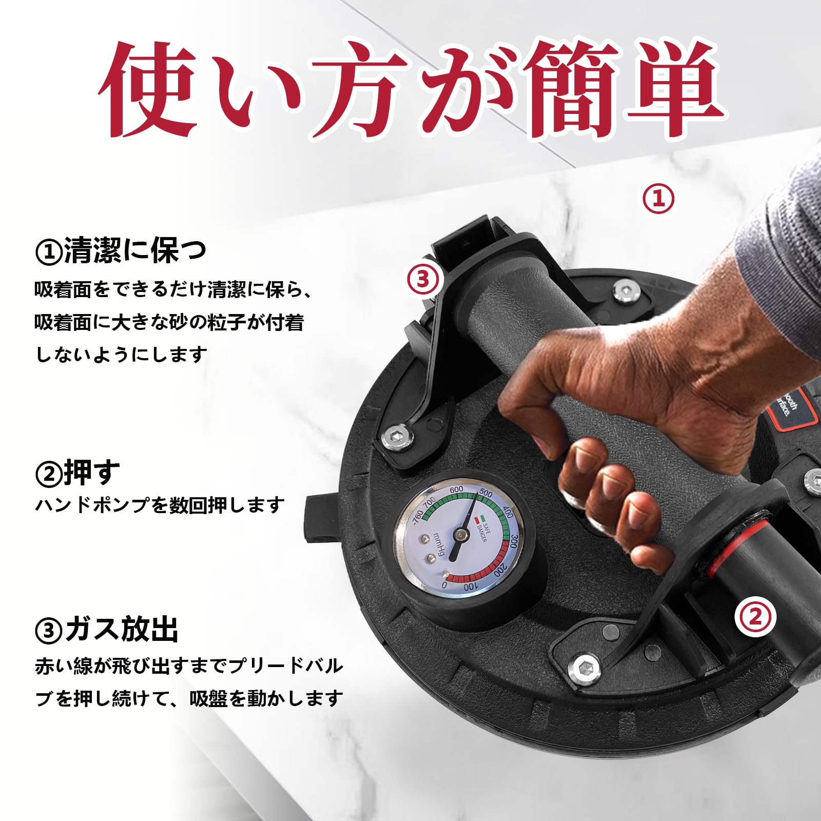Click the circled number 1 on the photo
tap(659, 199)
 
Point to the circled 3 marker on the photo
tap(424, 279)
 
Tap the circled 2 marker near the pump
tap(755, 617)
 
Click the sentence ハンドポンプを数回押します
tap(159, 505)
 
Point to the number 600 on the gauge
tap(456, 490)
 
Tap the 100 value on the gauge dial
tap(469, 587)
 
